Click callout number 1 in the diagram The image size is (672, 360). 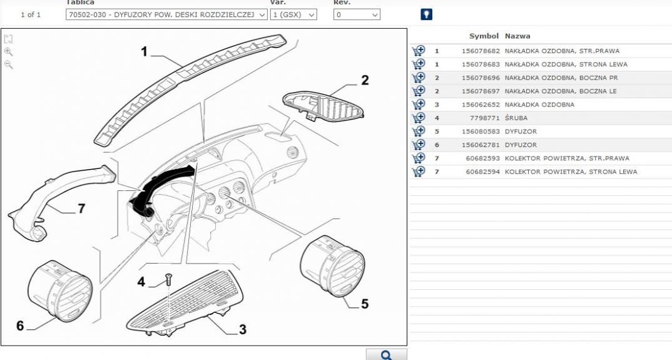[x=144, y=52]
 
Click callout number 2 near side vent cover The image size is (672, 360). [x=365, y=80]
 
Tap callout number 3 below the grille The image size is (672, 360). [x=242, y=329]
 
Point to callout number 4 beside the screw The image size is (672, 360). [x=141, y=282]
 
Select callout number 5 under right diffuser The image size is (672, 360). [x=365, y=304]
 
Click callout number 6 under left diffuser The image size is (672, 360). [x=20, y=327]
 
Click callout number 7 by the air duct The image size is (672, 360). [x=81, y=209]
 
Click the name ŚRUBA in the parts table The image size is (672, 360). [x=517, y=118]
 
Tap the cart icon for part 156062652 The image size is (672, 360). [x=419, y=105]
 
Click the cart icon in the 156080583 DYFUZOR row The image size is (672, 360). [x=419, y=131]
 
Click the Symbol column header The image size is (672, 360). [x=484, y=36]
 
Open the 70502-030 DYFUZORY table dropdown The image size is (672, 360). [x=166, y=14]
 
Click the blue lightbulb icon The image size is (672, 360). [x=427, y=14]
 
